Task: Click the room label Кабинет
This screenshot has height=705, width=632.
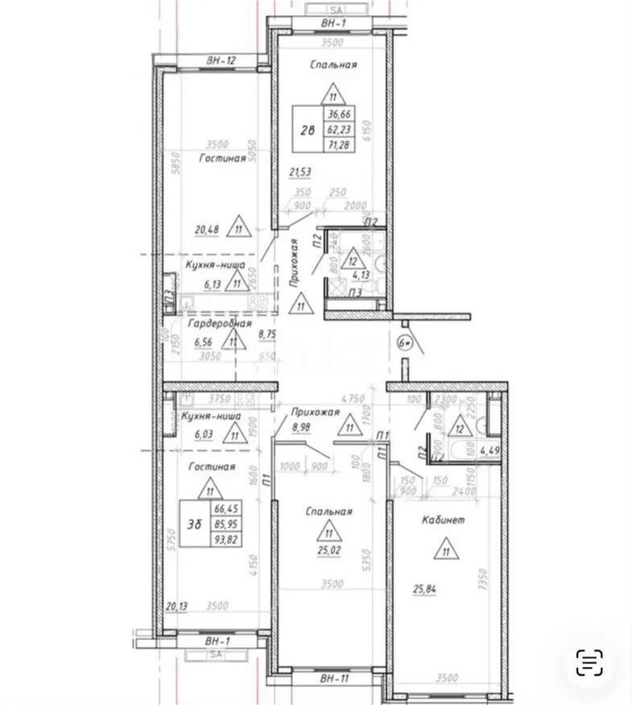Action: coord(442,520)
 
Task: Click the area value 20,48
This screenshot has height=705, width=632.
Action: coord(208,229)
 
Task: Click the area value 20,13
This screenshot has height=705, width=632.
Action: coord(176,607)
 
